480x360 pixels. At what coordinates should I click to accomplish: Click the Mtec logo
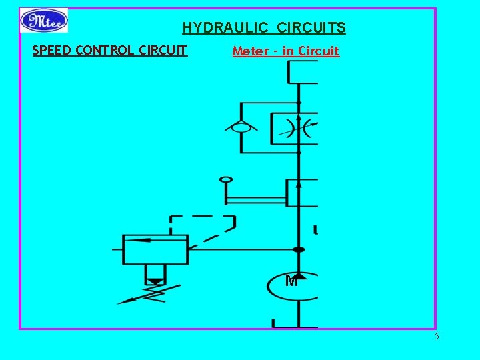tap(44, 20)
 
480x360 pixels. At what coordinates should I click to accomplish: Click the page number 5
tap(437, 336)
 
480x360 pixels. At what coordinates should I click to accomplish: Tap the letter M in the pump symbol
tap(291, 281)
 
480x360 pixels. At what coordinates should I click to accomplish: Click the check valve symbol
tap(241, 127)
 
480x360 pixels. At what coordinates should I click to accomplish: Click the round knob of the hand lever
tap(226, 180)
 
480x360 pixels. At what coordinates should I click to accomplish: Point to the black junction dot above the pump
tap(299, 250)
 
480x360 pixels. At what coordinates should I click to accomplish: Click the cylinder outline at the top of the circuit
tap(303, 72)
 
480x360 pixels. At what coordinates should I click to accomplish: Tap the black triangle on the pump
tap(299, 275)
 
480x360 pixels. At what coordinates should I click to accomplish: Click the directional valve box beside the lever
tap(302, 193)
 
